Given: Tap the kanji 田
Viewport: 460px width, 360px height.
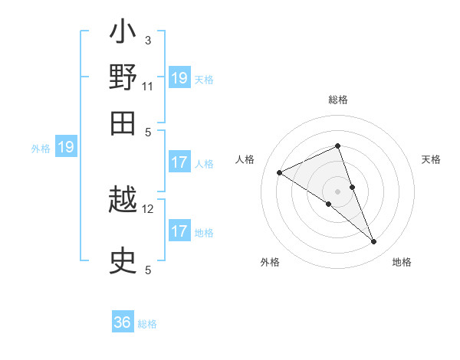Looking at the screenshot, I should (x=123, y=123).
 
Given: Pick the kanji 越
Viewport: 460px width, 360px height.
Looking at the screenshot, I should (x=123, y=203).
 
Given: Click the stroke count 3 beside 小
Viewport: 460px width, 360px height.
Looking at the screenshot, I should (x=148, y=41).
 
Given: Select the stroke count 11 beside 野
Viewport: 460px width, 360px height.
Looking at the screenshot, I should (x=148, y=86).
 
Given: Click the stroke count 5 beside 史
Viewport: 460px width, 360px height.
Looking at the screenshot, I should (x=148, y=269).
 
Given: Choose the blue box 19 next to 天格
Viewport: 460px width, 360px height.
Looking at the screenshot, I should (x=179, y=78).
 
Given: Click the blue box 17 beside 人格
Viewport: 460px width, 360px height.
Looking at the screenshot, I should (x=179, y=162).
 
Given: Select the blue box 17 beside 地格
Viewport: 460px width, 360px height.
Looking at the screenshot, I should (x=179, y=231).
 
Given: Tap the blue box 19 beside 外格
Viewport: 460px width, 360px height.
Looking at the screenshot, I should (x=66, y=147).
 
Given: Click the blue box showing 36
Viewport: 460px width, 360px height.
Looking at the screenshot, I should (x=123, y=322).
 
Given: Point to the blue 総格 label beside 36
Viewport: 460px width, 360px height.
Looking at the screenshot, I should (x=147, y=324).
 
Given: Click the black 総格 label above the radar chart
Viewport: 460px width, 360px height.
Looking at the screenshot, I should (x=337, y=100).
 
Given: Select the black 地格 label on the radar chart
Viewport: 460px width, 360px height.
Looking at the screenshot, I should (x=402, y=262).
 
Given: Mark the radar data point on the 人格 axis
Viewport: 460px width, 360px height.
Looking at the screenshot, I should (x=280, y=173).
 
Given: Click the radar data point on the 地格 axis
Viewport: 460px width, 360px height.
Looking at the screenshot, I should (x=374, y=242).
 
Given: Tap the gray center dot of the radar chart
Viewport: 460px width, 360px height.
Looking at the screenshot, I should (x=337, y=191).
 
